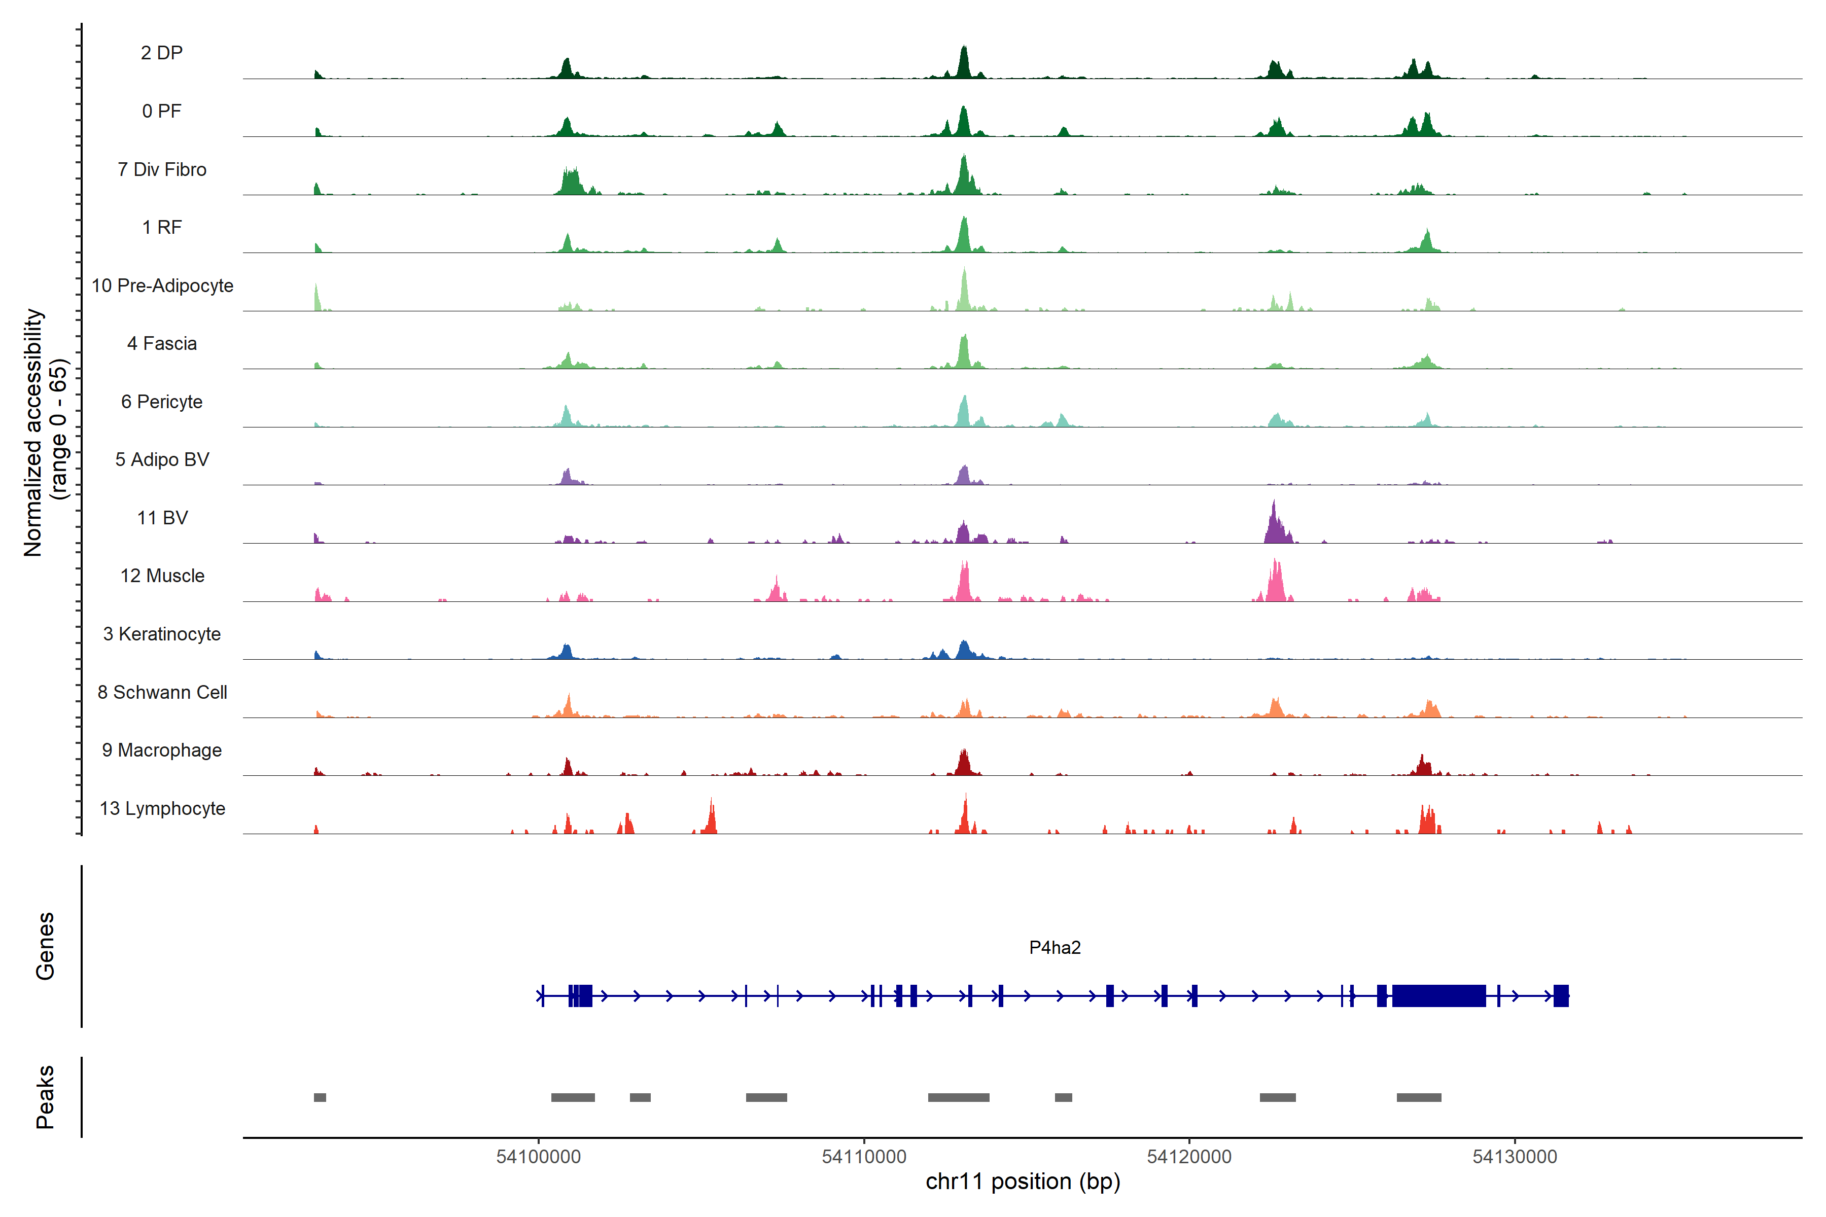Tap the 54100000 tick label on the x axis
click(538, 1157)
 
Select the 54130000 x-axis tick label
click(1514, 1157)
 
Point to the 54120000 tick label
click(1188, 1157)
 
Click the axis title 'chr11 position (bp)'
click(1023, 1182)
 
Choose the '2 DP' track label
click(161, 53)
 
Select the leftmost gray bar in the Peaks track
click(320, 1097)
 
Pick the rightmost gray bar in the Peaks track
click(1418, 1097)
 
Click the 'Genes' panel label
click(45, 946)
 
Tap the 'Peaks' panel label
click(45, 1097)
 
